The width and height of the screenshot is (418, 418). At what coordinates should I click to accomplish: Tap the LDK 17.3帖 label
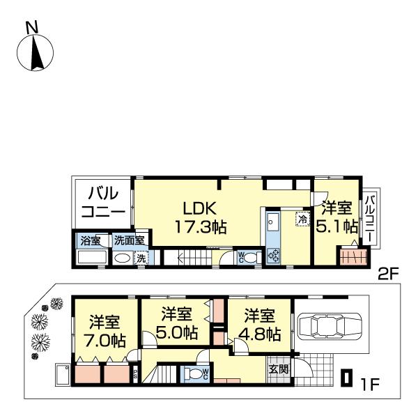(x=201, y=217)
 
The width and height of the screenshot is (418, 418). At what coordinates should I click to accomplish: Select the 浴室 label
(x=91, y=241)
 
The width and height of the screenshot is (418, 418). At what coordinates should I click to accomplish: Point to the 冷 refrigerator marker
(x=302, y=219)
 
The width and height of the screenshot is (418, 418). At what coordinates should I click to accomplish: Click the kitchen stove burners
(x=273, y=255)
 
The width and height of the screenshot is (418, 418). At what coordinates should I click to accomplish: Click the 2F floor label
(x=388, y=273)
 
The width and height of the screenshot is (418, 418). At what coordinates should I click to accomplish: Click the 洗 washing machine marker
(x=141, y=258)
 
